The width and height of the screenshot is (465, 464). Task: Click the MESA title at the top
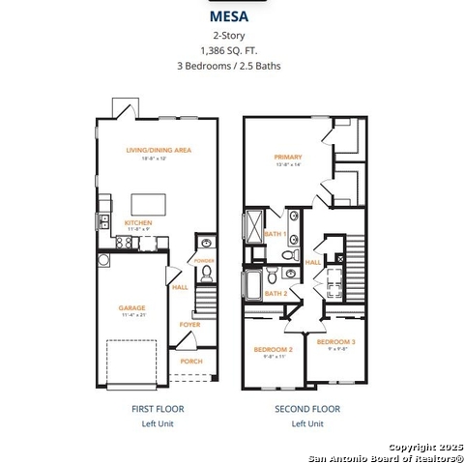[x=231, y=16]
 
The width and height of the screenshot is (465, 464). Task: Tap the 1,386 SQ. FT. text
[x=231, y=49]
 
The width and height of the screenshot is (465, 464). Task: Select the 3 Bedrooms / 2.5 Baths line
[x=231, y=66]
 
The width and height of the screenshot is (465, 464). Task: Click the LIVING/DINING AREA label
[x=159, y=150]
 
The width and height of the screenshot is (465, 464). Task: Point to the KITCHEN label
[x=138, y=222]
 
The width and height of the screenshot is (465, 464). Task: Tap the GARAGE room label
[x=131, y=308]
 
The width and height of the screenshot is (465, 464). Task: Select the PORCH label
[x=191, y=362]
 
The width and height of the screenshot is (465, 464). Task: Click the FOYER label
[x=190, y=325]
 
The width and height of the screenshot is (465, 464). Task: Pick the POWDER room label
[x=203, y=261]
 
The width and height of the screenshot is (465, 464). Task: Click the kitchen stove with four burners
[x=124, y=243]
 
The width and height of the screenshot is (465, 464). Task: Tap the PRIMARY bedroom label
[x=288, y=157]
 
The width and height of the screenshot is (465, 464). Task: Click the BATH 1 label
[x=276, y=234]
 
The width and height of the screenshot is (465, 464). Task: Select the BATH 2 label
[x=276, y=293]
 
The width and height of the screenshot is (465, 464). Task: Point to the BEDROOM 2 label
[x=273, y=349]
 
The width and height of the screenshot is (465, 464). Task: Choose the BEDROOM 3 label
[x=335, y=342]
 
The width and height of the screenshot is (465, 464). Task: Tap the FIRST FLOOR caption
[x=158, y=409]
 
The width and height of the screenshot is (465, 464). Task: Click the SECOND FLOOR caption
[x=307, y=409]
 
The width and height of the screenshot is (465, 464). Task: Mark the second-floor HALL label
[x=313, y=262]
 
